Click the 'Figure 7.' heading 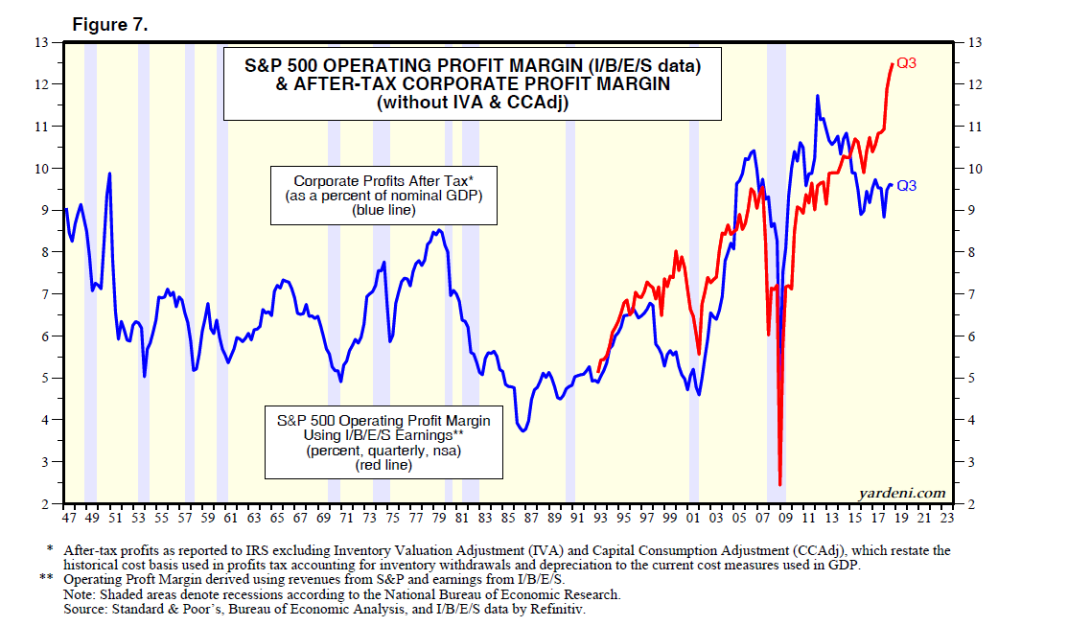tap(110, 26)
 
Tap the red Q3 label tap(907, 64)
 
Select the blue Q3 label tap(906, 186)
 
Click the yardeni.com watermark tap(900, 493)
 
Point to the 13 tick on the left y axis tap(41, 43)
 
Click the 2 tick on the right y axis tap(970, 504)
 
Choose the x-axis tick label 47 tap(68, 518)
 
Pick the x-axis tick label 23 tap(947, 518)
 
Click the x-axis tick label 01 tap(693, 518)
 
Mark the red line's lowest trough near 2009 tap(779, 484)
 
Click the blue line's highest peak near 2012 tap(818, 96)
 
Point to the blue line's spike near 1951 tap(110, 174)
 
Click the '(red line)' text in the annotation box tap(383, 465)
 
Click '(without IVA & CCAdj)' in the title tap(473, 103)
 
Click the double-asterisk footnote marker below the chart tap(46, 579)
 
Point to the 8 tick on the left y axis tap(44, 252)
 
